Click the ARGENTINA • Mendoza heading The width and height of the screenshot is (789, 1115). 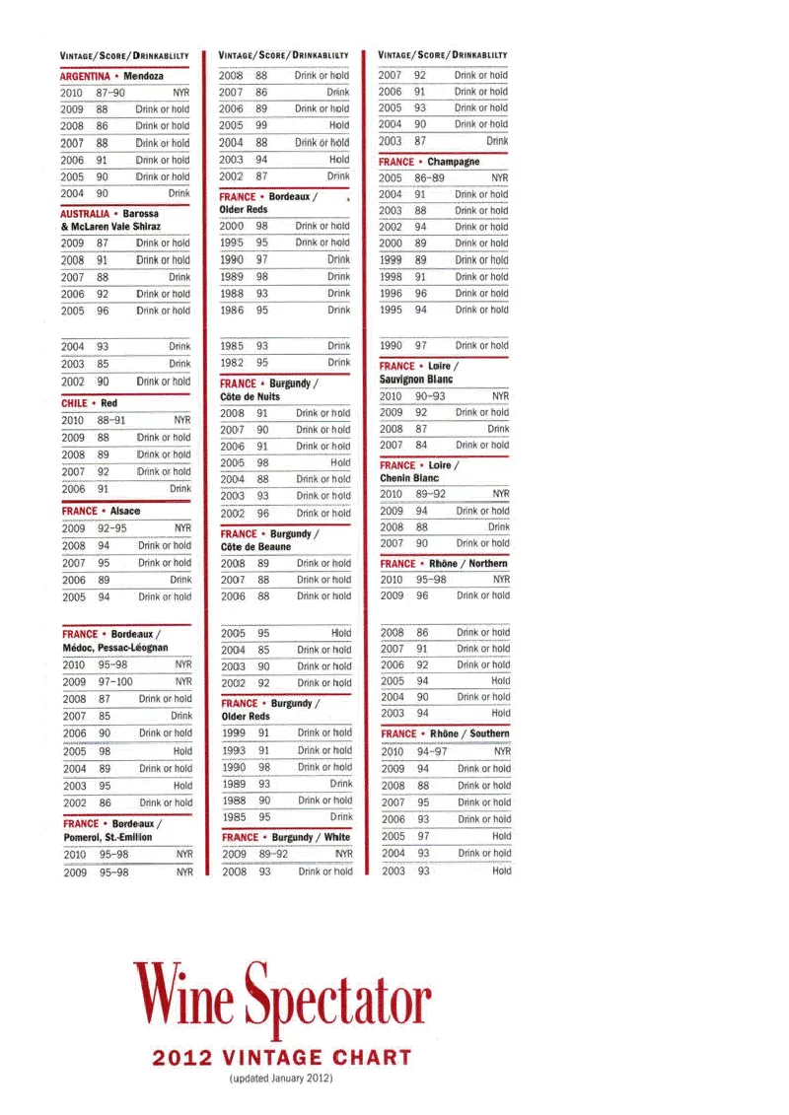point(111,76)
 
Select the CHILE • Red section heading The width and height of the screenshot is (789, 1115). point(89,403)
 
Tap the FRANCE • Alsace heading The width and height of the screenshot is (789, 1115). point(101,512)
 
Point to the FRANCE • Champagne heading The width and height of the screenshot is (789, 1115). point(429,162)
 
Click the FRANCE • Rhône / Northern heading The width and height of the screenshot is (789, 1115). point(444,564)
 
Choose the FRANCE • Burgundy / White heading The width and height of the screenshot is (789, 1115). point(285,837)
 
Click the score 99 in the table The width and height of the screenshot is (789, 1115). point(262,126)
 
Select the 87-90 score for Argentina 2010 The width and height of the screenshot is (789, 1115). point(110,93)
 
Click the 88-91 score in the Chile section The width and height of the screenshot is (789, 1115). point(110,420)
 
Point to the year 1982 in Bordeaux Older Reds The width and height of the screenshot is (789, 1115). point(232,363)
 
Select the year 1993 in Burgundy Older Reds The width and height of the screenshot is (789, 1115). point(233,750)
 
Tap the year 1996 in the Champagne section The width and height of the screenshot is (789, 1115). point(391,294)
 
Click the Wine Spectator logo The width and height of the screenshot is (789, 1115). point(282,998)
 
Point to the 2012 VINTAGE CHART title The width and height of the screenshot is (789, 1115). point(282,1059)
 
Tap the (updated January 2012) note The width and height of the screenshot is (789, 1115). point(281,1079)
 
